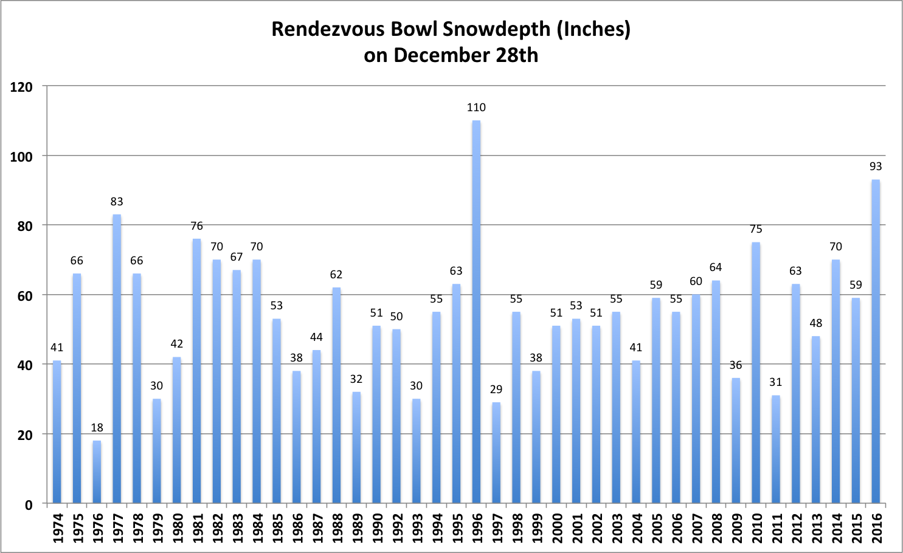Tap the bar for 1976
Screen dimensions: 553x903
[97, 472]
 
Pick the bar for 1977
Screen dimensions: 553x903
[117, 359]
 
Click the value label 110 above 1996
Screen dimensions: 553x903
[476, 108]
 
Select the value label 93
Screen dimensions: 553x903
[876, 167]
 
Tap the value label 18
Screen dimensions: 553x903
[97, 428]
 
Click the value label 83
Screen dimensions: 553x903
[117, 202]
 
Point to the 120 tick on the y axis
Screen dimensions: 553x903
[21, 87]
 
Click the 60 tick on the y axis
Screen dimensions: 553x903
[25, 296]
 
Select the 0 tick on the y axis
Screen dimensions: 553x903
[29, 505]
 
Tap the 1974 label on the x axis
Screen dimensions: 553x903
[57, 527]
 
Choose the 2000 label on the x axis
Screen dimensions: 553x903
[556, 527]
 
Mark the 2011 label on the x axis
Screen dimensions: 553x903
[776, 527]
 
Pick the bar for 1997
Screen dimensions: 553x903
[496, 453]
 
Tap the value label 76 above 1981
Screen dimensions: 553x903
[196, 226]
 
